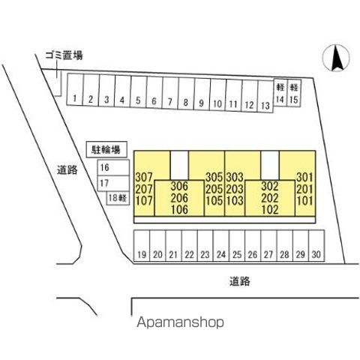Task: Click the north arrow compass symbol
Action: point(336,58)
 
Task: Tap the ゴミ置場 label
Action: point(64,55)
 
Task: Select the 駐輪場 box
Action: point(106,150)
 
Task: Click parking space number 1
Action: point(75,89)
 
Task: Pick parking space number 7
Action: point(170,93)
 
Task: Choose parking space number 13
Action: point(265,97)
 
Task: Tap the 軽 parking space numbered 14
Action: point(280,93)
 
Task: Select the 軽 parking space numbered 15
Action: point(294,94)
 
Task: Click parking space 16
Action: point(113,168)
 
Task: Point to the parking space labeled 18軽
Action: point(118,198)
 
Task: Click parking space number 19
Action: point(142,246)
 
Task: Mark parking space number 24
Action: point(221,246)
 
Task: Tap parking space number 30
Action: point(316,246)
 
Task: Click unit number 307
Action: point(144,177)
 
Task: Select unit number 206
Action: point(179,198)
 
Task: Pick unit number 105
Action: point(214,200)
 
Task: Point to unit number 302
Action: point(270,186)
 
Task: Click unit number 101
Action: point(305,200)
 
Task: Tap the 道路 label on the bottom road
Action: point(240,281)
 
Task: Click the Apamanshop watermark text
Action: point(180,322)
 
